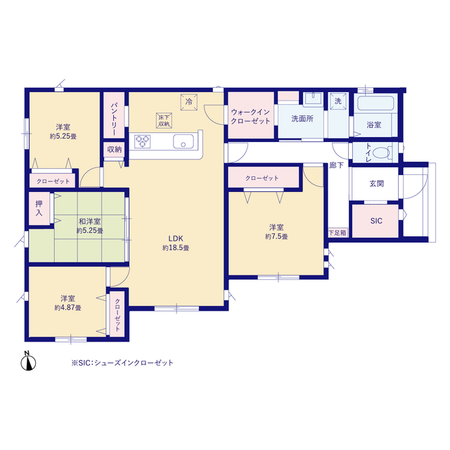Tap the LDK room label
pyautogui.click(x=176, y=238)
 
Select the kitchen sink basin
pyautogui.click(x=183, y=141)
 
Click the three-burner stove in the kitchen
pyautogui.click(x=143, y=141)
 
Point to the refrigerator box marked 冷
pyautogui.click(x=189, y=102)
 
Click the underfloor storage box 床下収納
pyautogui.click(x=164, y=120)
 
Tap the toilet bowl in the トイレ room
pyautogui.click(x=381, y=152)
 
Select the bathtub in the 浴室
pyautogui.click(x=375, y=103)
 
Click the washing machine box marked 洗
pyautogui.click(x=338, y=101)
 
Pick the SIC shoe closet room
pyautogui.click(x=375, y=221)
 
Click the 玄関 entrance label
pyautogui.click(x=377, y=184)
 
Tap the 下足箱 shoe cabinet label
pyautogui.click(x=337, y=233)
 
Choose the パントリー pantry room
pyautogui.click(x=114, y=115)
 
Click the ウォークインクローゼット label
pyautogui.click(x=250, y=117)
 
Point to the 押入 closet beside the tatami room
pyautogui.click(x=39, y=209)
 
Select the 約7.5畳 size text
pyautogui.click(x=276, y=236)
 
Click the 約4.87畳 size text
pyautogui.click(x=67, y=308)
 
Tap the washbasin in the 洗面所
pyautogui.click(x=313, y=99)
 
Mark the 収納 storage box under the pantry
pyautogui.click(x=114, y=150)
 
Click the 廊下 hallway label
pyautogui.click(x=336, y=165)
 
